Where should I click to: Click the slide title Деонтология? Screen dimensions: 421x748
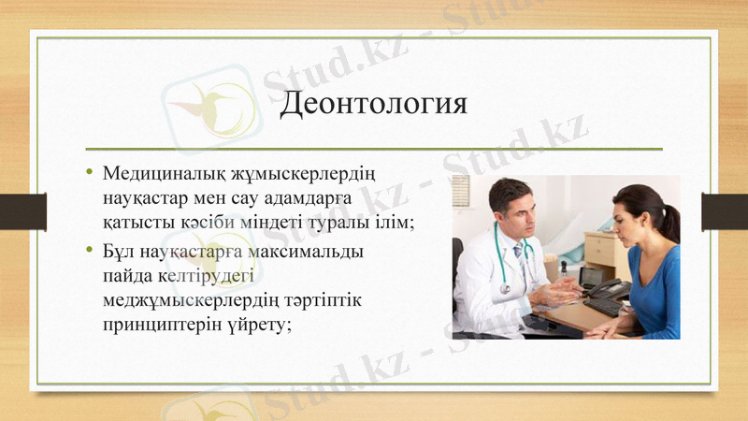pos(374,102)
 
